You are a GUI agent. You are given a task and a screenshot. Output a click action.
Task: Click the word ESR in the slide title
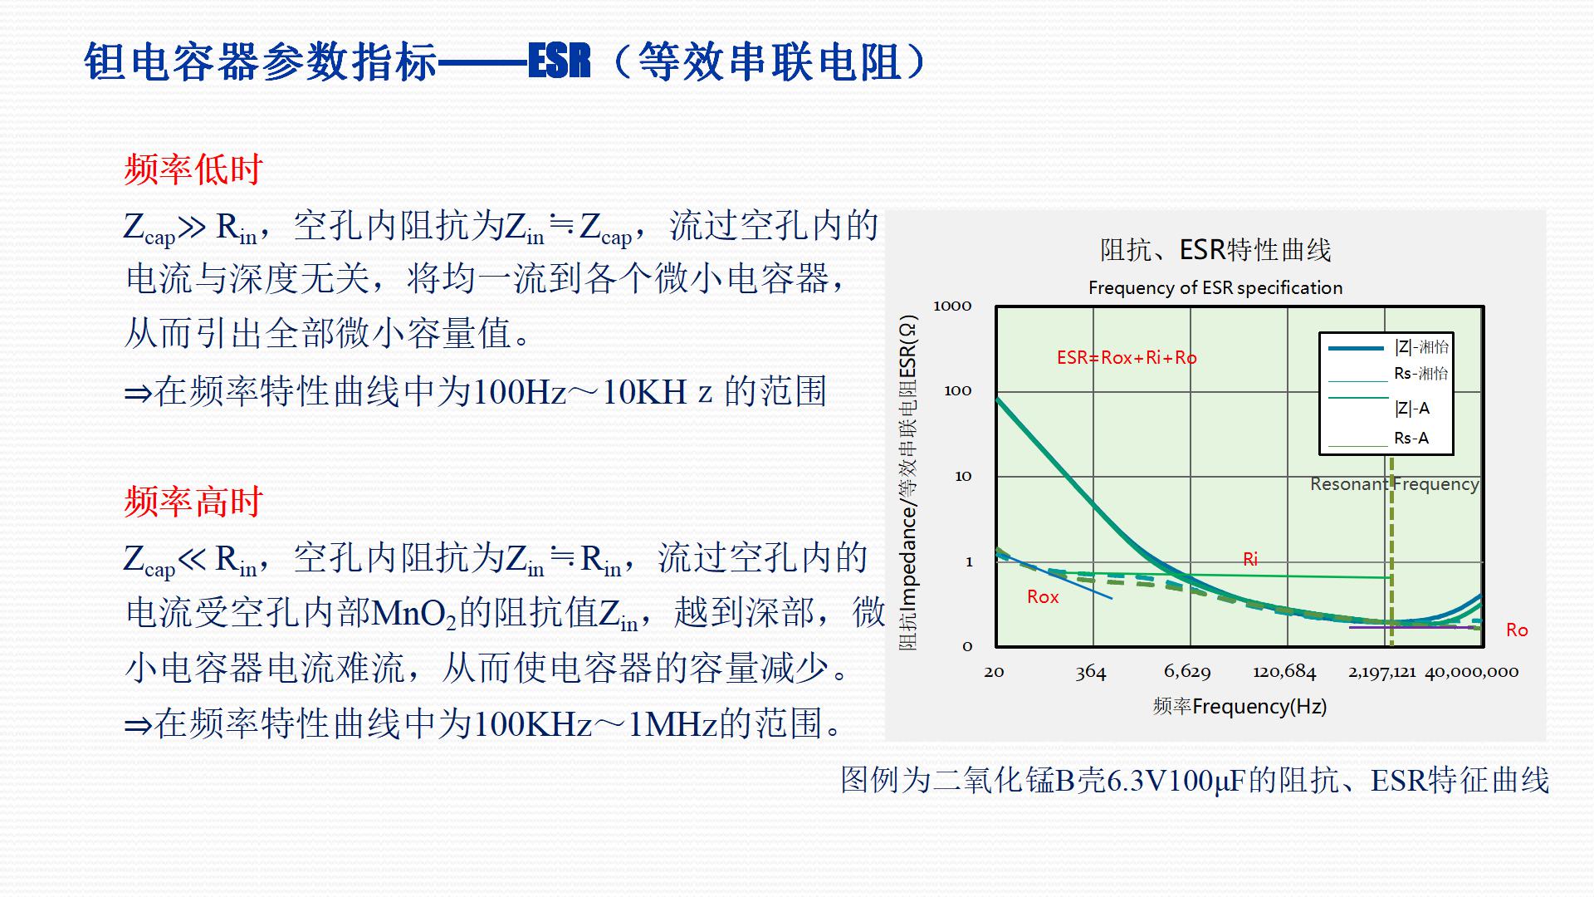point(560,61)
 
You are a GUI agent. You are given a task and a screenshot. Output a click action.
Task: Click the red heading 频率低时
point(193,169)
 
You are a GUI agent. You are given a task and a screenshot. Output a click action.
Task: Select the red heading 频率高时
point(193,502)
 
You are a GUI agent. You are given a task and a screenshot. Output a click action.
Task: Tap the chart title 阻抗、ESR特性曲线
point(1215,249)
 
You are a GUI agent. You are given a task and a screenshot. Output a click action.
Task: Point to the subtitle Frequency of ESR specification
point(1215,287)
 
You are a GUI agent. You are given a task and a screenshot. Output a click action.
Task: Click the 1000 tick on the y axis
point(952,306)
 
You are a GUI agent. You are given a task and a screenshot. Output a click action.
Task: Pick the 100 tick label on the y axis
point(957,390)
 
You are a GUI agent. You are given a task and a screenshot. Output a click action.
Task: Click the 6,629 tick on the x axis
point(1187,671)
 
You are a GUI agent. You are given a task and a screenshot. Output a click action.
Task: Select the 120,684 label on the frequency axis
point(1284,671)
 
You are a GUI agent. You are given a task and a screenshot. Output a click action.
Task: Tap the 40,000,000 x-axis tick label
point(1472,671)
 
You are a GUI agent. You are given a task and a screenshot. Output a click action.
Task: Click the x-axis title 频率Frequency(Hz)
point(1240,706)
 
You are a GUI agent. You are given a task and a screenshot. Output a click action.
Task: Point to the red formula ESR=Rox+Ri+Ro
point(1127,358)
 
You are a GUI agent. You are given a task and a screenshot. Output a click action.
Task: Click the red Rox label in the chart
point(1043,596)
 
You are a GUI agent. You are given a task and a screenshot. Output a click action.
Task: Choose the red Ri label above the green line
point(1250,559)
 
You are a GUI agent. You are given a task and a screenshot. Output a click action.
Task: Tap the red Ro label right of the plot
point(1517,630)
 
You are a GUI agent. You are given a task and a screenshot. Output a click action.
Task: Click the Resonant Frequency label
point(1394,483)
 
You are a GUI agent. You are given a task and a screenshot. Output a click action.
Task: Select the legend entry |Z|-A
point(1411,408)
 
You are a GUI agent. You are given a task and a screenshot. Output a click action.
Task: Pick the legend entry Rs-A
point(1411,438)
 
